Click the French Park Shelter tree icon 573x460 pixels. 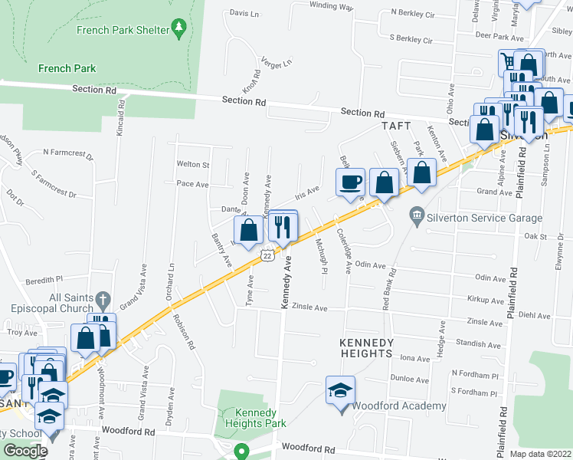pyautogui.click(x=179, y=29)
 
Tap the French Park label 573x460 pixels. pyautogui.click(x=67, y=68)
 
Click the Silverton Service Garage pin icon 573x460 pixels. pyautogui.click(x=417, y=212)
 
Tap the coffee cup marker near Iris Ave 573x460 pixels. pyautogui.click(x=351, y=182)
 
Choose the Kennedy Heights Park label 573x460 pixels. pyautogui.click(x=255, y=418)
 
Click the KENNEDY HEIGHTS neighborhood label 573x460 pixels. pyautogui.click(x=368, y=342)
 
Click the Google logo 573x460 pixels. pyautogui.click(x=26, y=451)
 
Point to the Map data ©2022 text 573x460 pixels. pyautogui.click(x=541, y=454)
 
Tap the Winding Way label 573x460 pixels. pyautogui.click(x=331, y=6)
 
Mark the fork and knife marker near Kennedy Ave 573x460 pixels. pyautogui.click(x=283, y=226)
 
